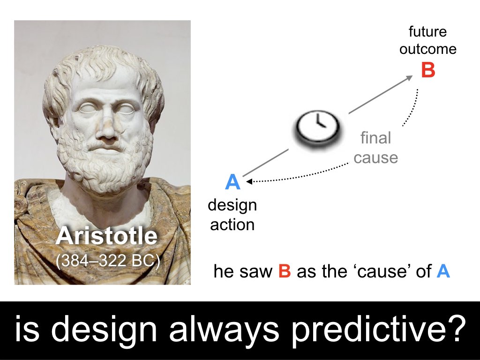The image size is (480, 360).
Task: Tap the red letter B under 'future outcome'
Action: pos(428,70)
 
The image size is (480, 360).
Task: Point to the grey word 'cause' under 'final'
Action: pos(375,158)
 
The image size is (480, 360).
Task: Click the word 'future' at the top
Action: pos(427,31)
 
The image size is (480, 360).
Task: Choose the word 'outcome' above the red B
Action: pos(427,49)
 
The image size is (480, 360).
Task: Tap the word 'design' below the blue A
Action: pos(232,206)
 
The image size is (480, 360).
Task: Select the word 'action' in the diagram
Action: pos(232,225)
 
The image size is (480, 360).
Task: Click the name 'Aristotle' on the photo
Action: pos(106,236)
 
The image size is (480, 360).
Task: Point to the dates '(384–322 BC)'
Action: pos(108,261)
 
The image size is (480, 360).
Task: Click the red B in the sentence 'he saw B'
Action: pos(285,271)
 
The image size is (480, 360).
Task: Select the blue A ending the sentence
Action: pos(443,271)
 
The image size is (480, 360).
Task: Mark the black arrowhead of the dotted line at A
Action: pos(249,181)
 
